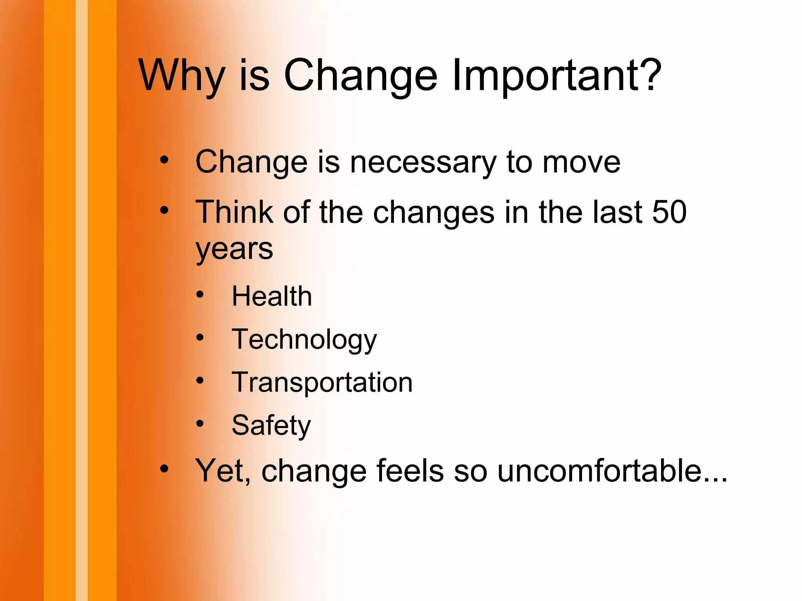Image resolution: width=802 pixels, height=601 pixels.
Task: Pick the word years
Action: pyautogui.click(x=234, y=249)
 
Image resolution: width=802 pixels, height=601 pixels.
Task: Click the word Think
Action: pyautogui.click(x=234, y=212)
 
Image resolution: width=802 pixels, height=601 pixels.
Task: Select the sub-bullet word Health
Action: pyautogui.click(x=272, y=296)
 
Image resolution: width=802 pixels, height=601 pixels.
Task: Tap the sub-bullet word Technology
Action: pyautogui.click(x=304, y=340)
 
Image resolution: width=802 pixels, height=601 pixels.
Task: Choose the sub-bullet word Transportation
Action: pyautogui.click(x=322, y=383)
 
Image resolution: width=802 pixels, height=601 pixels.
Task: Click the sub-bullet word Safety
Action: pyautogui.click(x=271, y=426)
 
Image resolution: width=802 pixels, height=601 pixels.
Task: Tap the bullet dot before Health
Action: pyautogui.click(x=200, y=295)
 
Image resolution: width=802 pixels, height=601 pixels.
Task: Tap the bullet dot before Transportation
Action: pyautogui.click(x=200, y=381)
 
